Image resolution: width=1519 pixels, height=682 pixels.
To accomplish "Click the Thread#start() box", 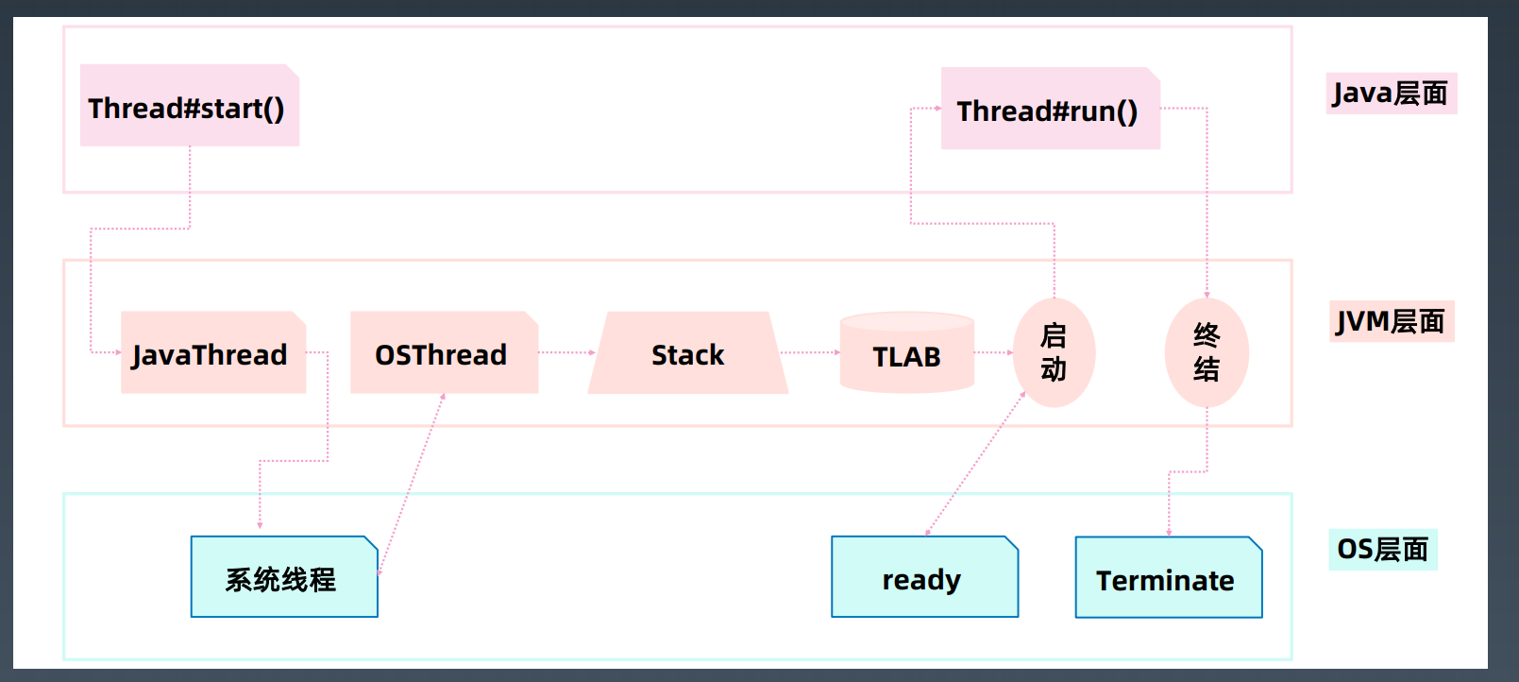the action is click(x=190, y=105).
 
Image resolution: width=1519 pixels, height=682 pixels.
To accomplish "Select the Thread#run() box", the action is click(x=1051, y=109).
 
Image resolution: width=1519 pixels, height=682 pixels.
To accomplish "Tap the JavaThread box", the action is click(x=213, y=352).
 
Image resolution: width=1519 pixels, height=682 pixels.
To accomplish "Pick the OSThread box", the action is click(x=444, y=352).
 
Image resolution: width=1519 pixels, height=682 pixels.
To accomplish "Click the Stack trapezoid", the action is click(x=687, y=353).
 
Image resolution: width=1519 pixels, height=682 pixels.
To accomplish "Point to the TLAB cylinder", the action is click(x=907, y=352).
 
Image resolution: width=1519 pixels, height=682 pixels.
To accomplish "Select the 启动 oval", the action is click(x=1054, y=352).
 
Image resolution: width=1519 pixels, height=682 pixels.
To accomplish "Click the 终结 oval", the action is click(x=1207, y=352).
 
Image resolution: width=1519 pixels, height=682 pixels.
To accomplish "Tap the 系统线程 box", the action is click(x=284, y=577).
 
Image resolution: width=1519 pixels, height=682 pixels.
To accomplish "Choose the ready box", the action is click(x=925, y=577).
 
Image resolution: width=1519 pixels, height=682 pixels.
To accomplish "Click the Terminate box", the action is click(x=1169, y=577).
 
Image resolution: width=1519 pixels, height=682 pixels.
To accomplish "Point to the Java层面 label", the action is click(x=1392, y=93).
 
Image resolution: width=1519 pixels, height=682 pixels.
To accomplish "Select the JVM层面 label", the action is click(x=1392, y=321).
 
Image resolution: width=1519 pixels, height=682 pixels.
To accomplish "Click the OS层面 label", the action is click(x=1383, y=549).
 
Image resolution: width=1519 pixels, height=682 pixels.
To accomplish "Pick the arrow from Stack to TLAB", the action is click(x=811, y=352).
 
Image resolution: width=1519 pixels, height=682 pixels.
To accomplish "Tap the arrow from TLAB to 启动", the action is click(x=993, y=352).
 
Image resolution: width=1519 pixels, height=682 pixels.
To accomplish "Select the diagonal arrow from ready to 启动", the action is click(x=976, y=464).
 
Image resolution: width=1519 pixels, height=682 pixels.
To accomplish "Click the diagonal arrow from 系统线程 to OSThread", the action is click(x=412, y=484).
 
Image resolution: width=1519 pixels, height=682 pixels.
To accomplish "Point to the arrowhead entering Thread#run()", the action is click(x=937, y=108).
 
